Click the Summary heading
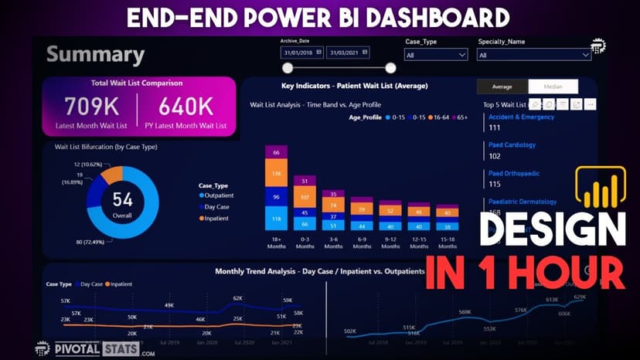coord(95,56)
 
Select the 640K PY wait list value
coord(186,106)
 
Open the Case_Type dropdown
coord(436,55)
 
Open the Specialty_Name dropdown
coord(534,55)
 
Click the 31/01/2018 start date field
coord(302,53)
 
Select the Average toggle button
coord(502,87)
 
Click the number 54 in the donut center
coord(122,200)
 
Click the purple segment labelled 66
coord(276,153)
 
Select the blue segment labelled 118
coord(276,220)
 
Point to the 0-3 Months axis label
coord(305,243)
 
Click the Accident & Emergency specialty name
coord(521,117)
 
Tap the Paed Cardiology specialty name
coord(512,145)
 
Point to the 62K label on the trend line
coord(238,297)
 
